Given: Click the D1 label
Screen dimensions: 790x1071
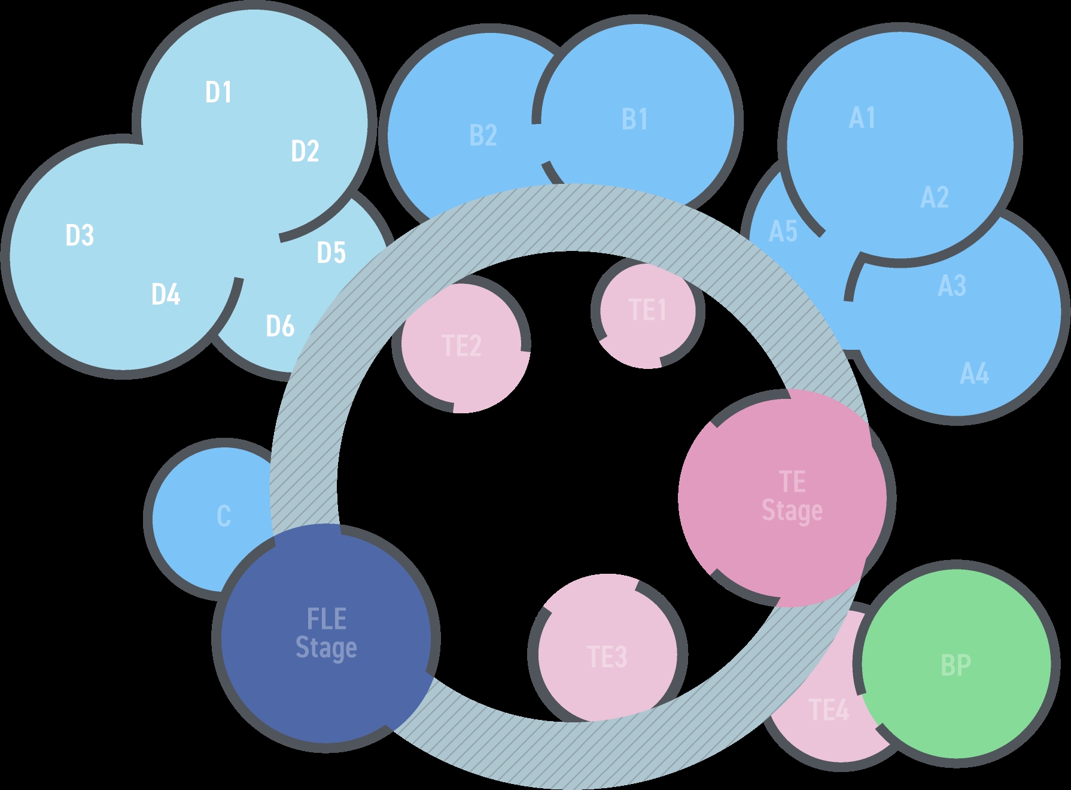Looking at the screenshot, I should coord(218,92).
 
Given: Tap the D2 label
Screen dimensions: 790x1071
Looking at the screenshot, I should coord(305,151).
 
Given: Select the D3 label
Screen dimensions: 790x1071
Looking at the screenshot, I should coord(80,235).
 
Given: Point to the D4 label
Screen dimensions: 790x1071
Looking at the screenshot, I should coord(166,295).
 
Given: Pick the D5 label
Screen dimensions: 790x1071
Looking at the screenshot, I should coord(331,253).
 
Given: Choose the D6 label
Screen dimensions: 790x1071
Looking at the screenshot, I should coord(280,326).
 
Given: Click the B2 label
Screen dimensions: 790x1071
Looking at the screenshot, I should coord(483,135).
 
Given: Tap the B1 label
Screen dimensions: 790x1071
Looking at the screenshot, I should coord(634,119).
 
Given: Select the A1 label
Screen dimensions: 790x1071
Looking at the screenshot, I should coord(862,118).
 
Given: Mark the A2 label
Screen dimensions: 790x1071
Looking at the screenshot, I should coord(934,198).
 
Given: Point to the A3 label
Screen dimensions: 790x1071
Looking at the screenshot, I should coord(951,286).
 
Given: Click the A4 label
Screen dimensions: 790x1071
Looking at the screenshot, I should coord(974,374).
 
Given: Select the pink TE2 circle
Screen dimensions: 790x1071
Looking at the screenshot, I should coord(461,347).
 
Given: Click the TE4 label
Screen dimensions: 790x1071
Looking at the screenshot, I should coord(829,710).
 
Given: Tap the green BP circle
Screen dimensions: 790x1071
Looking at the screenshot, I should coord(956,665).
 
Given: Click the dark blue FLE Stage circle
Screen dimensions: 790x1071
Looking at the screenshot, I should coord(326,635).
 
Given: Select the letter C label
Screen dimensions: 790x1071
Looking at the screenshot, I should coord(223,516).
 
